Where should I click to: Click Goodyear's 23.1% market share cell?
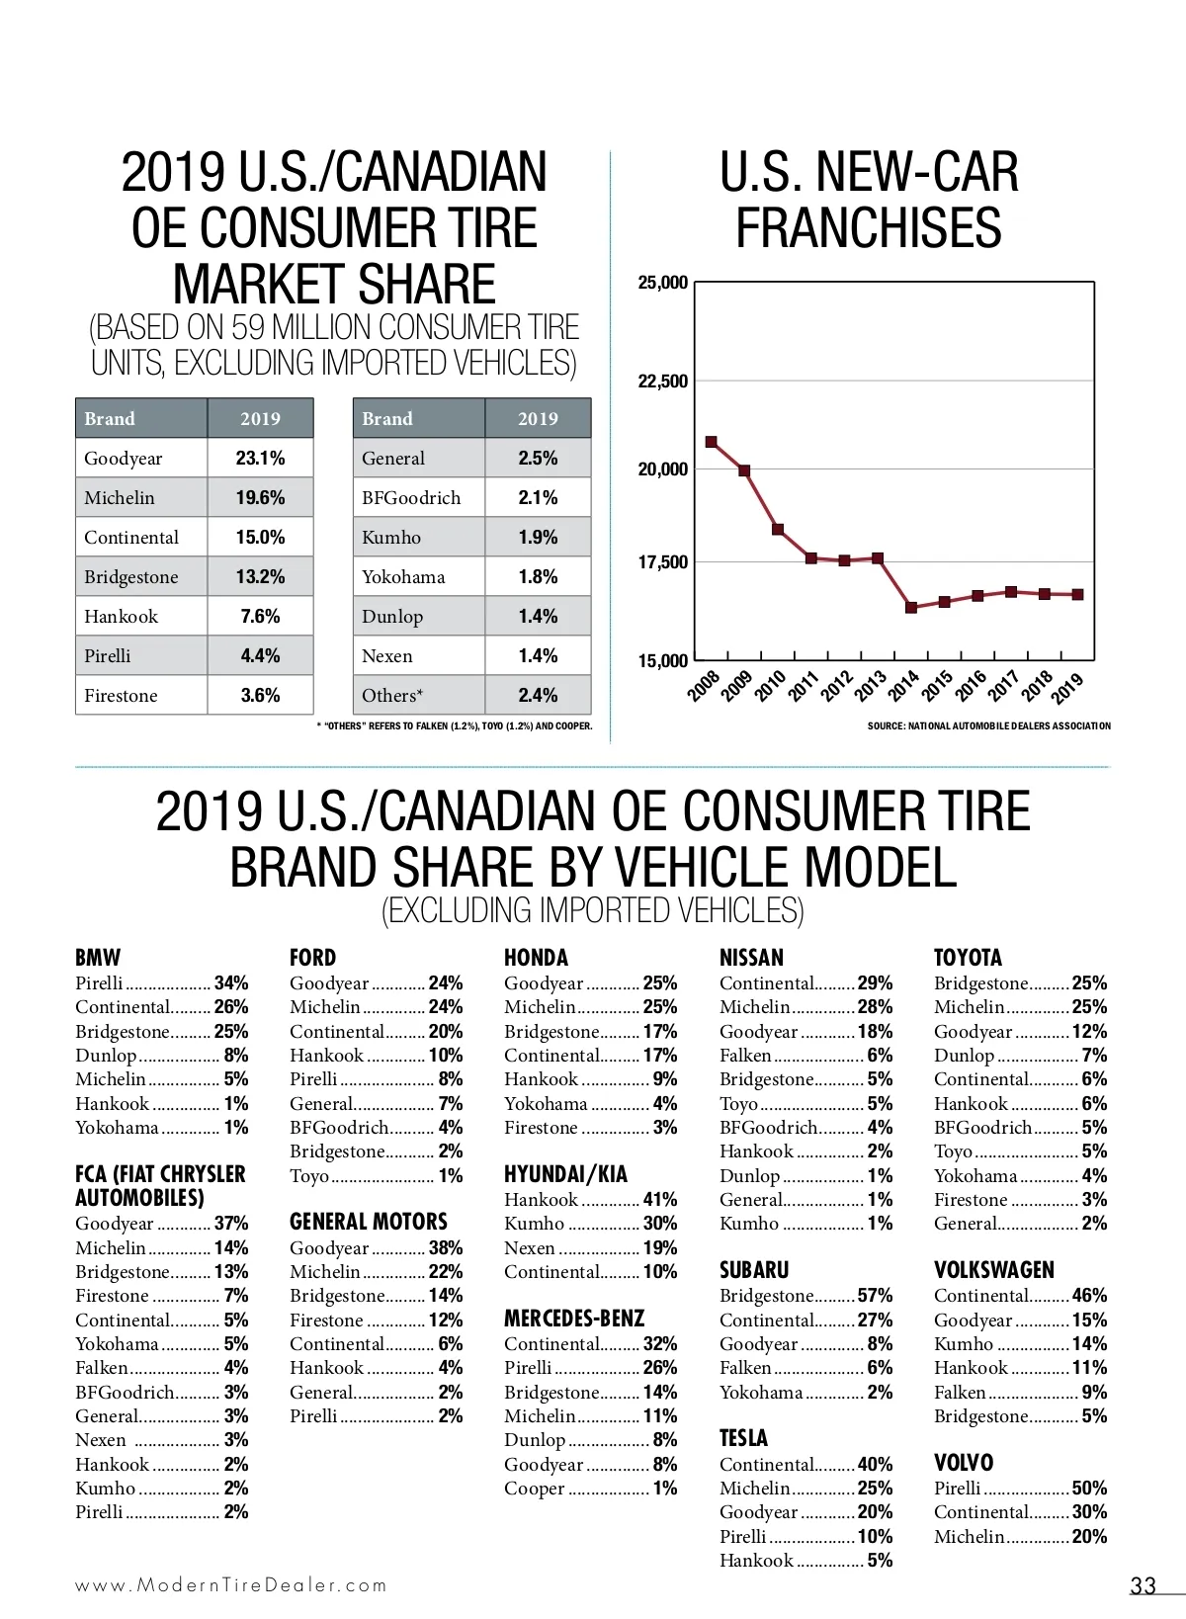(260, 459)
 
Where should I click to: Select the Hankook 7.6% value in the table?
(260, 617)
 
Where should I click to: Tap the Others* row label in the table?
(392, 696)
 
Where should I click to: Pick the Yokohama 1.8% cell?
(538, 577)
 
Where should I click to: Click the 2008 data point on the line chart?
(712, 442)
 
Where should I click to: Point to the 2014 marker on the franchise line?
(911, 608)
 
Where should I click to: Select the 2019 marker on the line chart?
(1077, 595)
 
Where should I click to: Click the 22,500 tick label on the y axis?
(663, 382)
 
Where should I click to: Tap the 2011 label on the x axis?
(803, 685)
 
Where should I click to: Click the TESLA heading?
(743, 1438)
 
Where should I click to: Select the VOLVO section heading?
(964, 1463)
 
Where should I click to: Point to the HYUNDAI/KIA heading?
(565, 1174)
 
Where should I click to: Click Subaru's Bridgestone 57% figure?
(875, 1296)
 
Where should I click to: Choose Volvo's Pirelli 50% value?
(1089, 1489)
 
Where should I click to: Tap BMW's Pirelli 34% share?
(231, 983)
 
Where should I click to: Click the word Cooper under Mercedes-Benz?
(535, 1489)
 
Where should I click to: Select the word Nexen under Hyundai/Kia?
(530, 1248)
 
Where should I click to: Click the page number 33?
(1143, 1586)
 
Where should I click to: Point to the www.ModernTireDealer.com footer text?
(231, 1585)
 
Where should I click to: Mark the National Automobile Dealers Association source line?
(988, 726)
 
